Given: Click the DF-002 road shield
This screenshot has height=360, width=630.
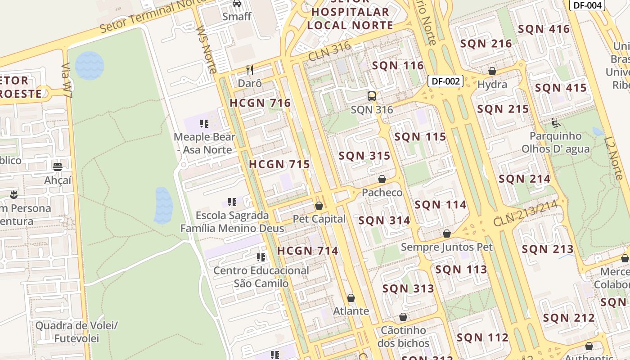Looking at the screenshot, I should click(445, 81).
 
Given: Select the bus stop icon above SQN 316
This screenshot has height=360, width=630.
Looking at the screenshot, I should click(372, 96).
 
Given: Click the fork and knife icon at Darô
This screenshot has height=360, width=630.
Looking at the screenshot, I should click(250, 70).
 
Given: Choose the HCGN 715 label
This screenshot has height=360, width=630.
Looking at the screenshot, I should click(279, 164).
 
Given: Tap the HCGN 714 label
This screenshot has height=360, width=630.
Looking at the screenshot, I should click(307, 251).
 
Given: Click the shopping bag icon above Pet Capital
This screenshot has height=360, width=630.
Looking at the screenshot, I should click(319, 206).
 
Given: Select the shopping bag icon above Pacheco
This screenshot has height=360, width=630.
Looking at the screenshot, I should click(382, 179).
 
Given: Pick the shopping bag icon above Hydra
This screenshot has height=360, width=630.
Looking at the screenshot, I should click(492, 71).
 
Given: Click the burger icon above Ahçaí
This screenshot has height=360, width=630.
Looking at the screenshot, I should click(58, 167).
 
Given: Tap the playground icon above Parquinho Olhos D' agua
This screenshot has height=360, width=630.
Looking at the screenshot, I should click(555, 122).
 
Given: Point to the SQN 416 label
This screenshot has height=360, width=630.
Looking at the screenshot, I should click(544, 29).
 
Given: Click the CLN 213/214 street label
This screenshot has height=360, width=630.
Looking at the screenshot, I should click(525, 213).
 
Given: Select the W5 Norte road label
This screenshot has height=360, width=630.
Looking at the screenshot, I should click(207, 49).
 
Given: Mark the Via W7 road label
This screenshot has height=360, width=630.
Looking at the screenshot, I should click(67, 81).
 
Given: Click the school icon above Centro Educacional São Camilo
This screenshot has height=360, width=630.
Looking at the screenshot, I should click(261, 257).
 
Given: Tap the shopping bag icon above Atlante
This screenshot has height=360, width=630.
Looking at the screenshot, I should click(351, 298).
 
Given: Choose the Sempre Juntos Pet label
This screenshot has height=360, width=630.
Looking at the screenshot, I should click(446, 247).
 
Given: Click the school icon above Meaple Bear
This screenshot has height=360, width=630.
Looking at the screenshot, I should click(204, 123).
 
